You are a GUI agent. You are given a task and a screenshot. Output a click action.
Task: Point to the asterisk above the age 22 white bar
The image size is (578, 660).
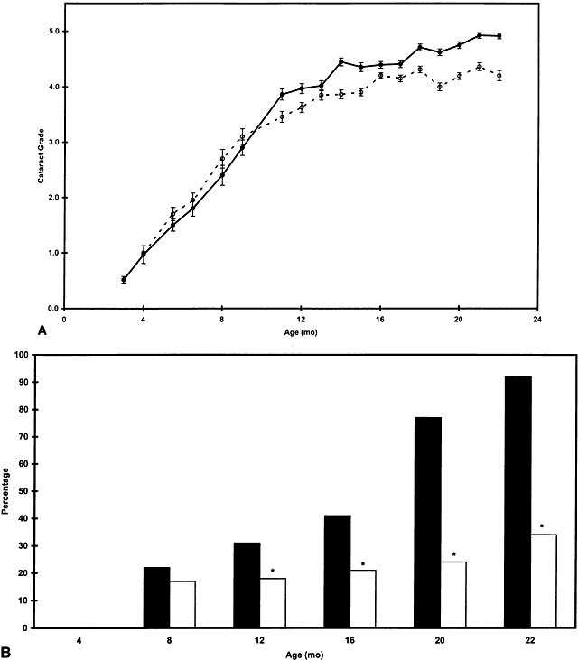541,525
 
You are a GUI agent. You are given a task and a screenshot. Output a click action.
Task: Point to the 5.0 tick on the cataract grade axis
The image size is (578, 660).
52,32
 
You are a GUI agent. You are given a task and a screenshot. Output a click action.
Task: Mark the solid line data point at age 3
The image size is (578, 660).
124,280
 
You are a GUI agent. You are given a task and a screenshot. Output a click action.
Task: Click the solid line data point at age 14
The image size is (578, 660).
340,61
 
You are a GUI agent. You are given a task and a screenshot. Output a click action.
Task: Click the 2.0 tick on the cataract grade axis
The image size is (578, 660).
52,198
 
